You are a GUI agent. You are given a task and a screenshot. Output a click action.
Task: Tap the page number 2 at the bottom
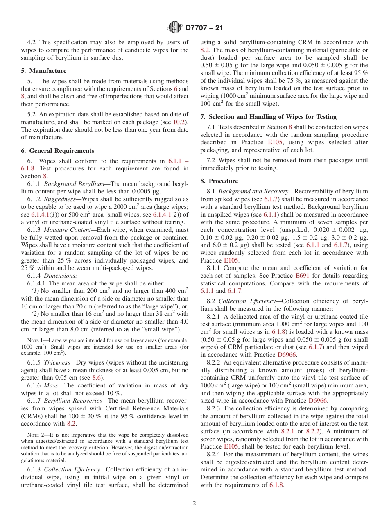(194, 503)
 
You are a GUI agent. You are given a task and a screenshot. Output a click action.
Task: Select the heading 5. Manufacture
(44, 71)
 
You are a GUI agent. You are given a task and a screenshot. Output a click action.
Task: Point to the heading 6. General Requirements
(58, 151)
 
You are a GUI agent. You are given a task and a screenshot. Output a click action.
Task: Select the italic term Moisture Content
(67, 230)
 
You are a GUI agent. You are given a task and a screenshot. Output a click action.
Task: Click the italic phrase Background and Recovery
(251, 191)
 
